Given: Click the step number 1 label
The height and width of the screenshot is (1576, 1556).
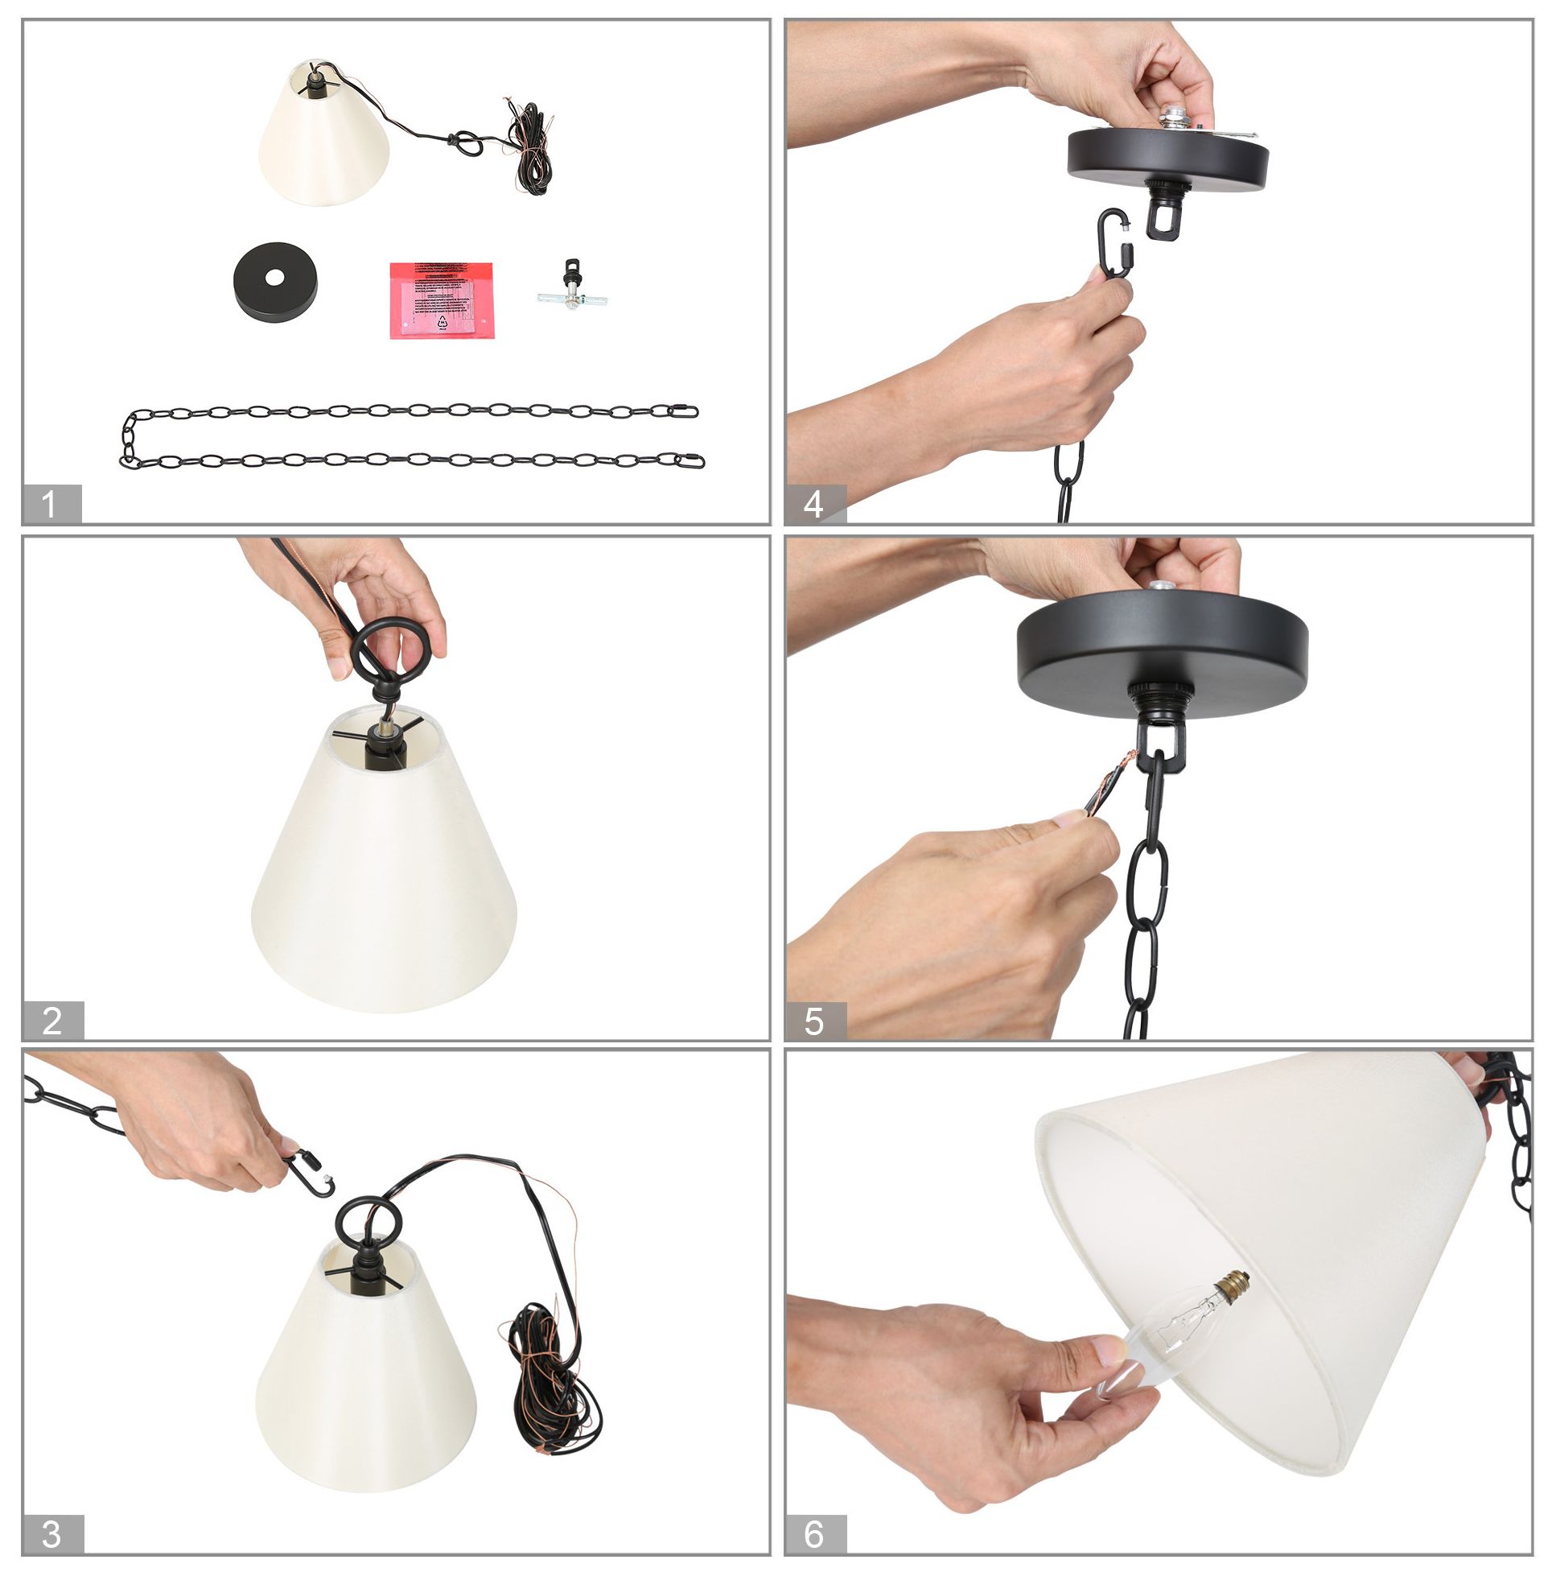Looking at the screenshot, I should pos(51,503).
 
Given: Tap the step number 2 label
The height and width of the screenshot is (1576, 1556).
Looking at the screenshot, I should pos(52,1021).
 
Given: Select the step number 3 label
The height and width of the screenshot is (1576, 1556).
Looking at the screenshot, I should pos(52,1533).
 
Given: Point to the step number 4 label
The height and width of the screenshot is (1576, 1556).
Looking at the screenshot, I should pos(814,503).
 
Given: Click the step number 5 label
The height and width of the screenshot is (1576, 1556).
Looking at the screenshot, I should pos(814,1021).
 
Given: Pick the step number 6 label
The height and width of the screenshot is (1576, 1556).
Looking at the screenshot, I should pos(814,1533).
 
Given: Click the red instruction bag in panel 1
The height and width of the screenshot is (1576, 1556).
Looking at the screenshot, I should pos(441,299).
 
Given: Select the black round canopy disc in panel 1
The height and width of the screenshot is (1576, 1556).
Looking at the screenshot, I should pos(275,282).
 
